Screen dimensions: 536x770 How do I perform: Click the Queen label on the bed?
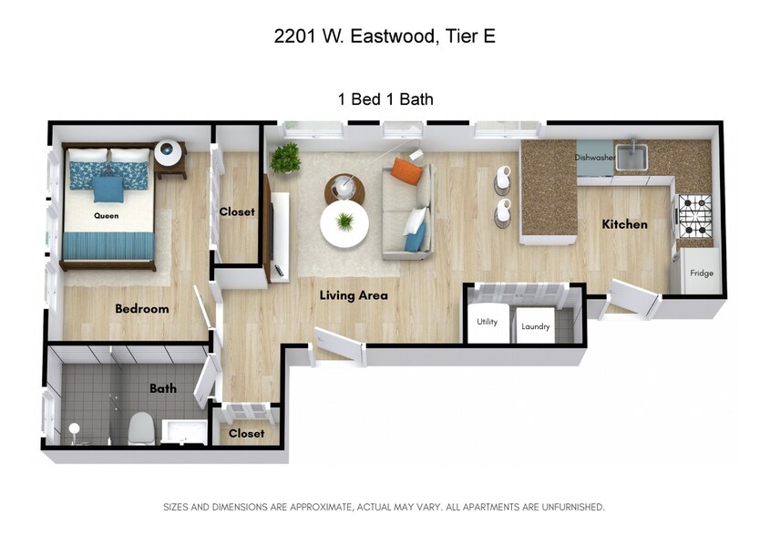[107, 216]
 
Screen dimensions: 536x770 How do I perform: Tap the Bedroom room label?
[142, 309]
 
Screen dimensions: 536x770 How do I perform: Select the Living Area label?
[354, 295]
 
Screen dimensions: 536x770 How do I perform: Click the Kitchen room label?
[624, 224]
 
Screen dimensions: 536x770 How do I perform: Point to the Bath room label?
[163, 388]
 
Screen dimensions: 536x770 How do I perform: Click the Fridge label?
[702, 273]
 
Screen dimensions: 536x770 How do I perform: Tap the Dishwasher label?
[595, 158]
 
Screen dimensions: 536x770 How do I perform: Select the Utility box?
[487, 323]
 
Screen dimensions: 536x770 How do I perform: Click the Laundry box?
[535, 326]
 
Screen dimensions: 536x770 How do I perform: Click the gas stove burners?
[694, 215]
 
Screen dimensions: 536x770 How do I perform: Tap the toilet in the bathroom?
[141, 427]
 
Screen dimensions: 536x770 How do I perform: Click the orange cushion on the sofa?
[407, 170]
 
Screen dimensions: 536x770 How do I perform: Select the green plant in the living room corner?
[285, 158]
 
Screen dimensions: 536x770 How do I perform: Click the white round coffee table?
[344, 223]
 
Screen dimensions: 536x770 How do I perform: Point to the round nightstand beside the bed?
[169, 153]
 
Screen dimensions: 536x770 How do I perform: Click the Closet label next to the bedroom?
[237, 212]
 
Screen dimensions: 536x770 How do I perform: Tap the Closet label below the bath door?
[246, 434]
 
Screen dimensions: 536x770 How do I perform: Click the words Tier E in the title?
[469, 36]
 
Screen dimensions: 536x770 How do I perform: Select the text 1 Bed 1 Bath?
[385, 99]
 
